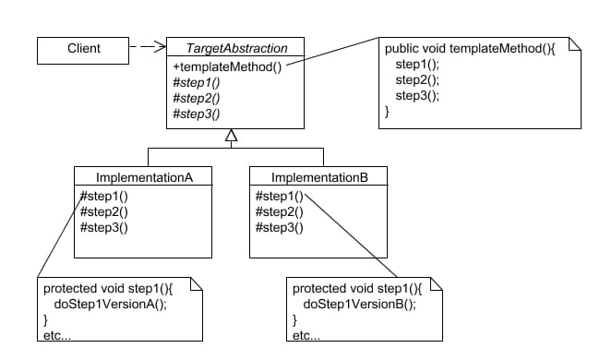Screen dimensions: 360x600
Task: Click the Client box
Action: [x=84, y=47]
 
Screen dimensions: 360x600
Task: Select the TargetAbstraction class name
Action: [x=238, y=48]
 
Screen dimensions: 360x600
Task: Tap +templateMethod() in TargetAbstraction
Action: [x=227, y=66]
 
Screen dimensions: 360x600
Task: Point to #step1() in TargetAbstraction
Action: [x=196, y=82]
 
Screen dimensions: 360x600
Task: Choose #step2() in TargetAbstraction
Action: [x=196, y=99]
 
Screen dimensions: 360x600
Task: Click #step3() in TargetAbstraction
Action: [x=196, y=114]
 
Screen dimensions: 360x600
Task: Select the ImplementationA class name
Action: [x=142, y=177]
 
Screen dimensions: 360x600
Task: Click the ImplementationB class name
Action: [x=318, y=177]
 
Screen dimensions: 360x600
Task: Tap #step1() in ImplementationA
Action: [x=103, y=195]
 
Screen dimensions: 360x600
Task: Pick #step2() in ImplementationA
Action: [x=103, y=210]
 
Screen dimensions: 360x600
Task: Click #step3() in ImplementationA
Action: [x=103, y=227]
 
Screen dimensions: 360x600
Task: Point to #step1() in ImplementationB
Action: [x=278, y=195]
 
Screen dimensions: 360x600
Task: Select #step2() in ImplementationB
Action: [x=278, y=210]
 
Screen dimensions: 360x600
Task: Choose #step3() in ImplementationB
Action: [x=278, y=227]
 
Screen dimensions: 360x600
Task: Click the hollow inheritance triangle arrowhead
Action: [x=232, y=136]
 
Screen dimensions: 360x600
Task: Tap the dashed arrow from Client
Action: [x=147, y=46]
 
